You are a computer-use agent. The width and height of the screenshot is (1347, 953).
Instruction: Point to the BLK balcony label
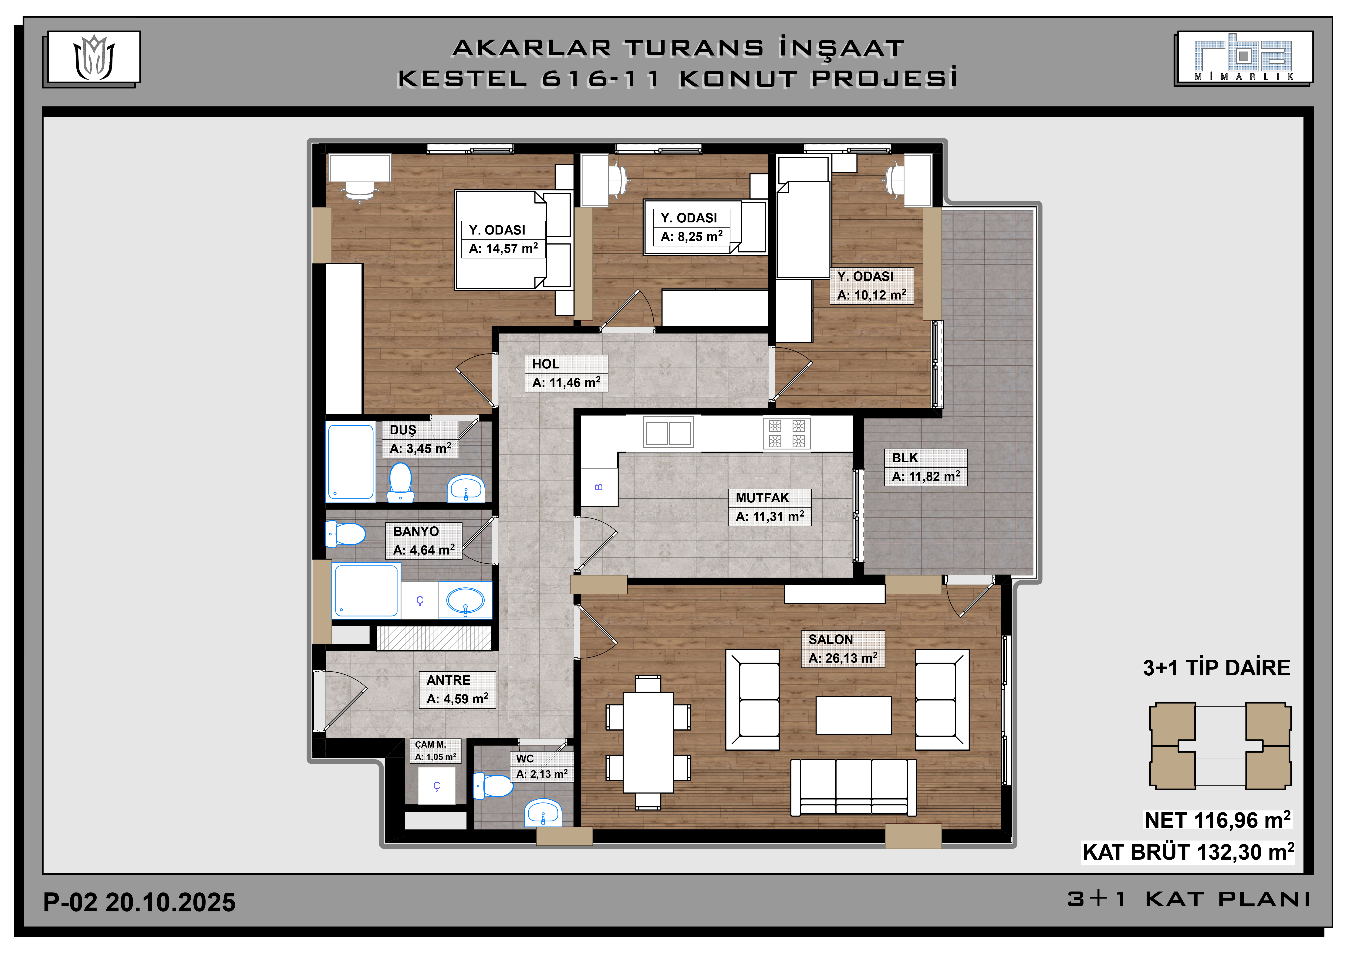(x=905, y=458)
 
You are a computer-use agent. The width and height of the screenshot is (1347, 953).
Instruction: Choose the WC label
(x=524, y=759)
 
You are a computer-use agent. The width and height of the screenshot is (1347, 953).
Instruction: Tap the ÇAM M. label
(x=431, y=745)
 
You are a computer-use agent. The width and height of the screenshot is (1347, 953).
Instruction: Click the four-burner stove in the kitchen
(x=787, y=434)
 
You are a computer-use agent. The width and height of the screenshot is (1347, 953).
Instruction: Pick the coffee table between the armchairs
(x=854, y=715)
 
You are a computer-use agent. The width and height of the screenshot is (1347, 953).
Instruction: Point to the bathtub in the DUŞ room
(x=351, y=462)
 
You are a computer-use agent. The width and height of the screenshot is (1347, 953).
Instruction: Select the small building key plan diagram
(x=1220, y=746)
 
